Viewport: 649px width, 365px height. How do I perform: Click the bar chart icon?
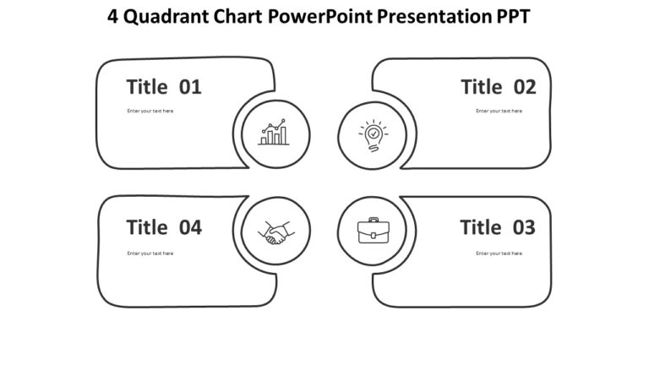tap(273, 133)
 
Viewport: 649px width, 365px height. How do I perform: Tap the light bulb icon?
tap(373, 134)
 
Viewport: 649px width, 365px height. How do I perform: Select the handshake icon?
tap(275, 232)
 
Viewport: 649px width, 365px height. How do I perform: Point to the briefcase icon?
tap(373, 231)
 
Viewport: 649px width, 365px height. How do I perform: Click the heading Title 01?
tap(164, 87)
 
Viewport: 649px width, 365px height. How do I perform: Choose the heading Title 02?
tap(498, 87)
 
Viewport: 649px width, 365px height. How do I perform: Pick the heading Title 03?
tap(498, 227)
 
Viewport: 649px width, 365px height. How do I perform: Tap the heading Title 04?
tap(164, 227)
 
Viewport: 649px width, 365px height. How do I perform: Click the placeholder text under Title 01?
tap(150, 111)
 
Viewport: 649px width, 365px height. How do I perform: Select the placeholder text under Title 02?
tap(499, 111)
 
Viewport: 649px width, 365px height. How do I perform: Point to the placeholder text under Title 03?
tap(499, 253)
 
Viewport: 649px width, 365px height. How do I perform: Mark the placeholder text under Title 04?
tap(150, 253)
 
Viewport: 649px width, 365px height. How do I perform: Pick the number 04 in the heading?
tap(190, 227)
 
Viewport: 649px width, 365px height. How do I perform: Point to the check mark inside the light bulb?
tap(373, 133)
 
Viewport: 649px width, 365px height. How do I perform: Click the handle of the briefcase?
tap(373, 221)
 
